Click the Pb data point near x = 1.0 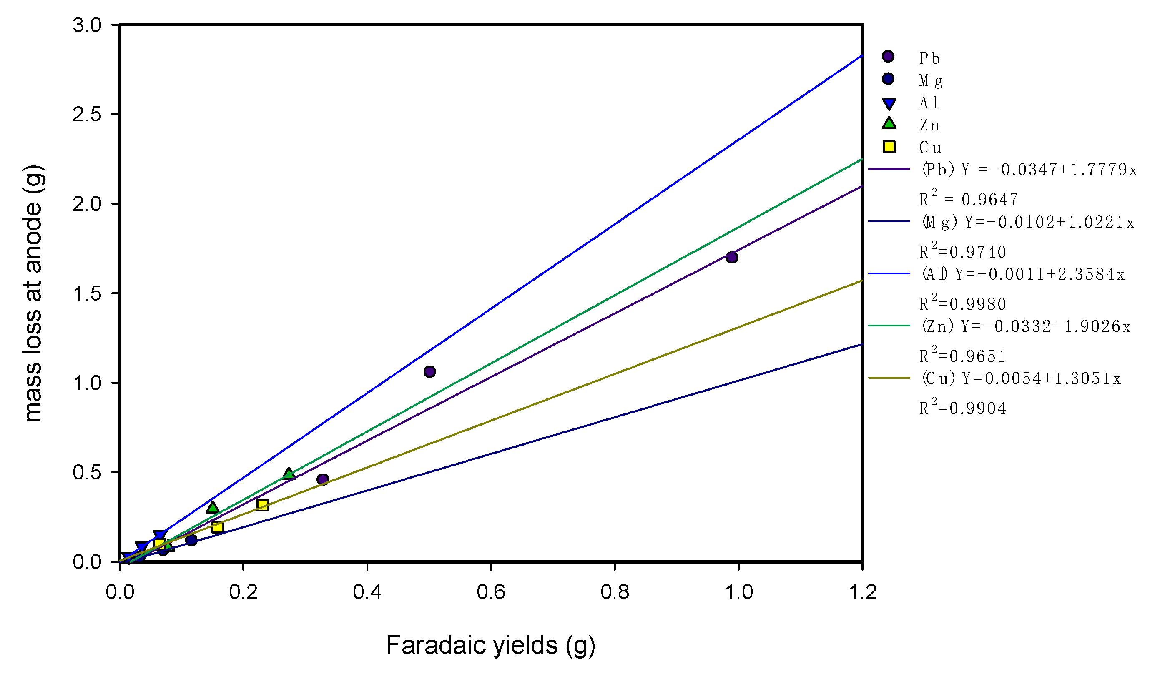731,257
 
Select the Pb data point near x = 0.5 429,371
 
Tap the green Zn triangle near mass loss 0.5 289,474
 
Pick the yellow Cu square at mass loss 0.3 262,505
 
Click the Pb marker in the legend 888,57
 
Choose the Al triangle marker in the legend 889,103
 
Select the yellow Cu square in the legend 889,147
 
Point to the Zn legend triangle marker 889,123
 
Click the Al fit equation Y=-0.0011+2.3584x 1023,275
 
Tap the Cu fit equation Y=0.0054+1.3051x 1021,378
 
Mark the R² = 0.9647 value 969,199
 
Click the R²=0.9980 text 963,303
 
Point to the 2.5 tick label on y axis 87,114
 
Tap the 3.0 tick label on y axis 87,25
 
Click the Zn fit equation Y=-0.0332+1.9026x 1026,327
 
